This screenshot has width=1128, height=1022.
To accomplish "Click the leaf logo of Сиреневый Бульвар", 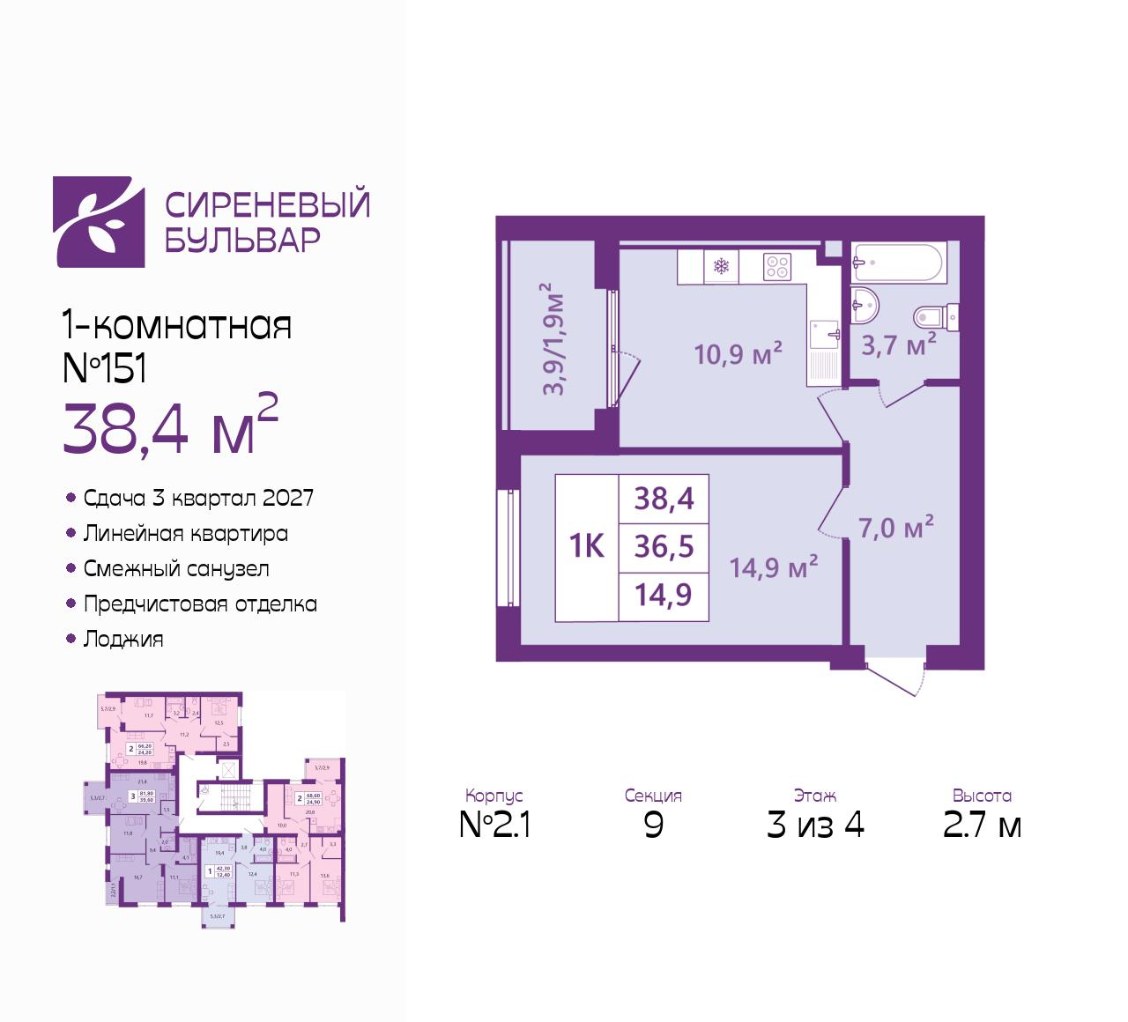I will [x=99, y=222].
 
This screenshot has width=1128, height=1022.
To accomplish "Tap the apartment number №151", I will [x=104, y=368].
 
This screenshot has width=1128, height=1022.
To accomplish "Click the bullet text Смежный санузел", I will [x=176, y=569].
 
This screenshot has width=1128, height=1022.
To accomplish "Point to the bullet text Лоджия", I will [x=123, y=640].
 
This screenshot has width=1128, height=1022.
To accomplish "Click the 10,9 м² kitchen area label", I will [x=738, y=354].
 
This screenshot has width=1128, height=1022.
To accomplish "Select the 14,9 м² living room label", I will [x=774, y=567].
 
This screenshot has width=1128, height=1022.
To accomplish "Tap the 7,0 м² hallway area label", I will [x=895, y=528].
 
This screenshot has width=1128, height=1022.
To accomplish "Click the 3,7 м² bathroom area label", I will [x=898, y=344].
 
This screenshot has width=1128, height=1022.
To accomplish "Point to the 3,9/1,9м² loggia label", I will [x=553, y=339].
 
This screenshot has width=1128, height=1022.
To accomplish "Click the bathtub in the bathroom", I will [x=897, y=263].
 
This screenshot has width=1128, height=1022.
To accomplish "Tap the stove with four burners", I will [x=776, y=267].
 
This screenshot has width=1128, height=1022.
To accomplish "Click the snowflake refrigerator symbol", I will [x=721, y=267].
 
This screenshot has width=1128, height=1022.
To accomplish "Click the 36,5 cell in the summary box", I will [x=664, y=546].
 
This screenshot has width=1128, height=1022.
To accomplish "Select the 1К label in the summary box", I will [x=587, y=546].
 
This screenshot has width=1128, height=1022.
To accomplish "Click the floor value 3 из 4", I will [x=815, y=826].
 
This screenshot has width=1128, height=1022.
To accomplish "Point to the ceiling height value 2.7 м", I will [x=982, y=826].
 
